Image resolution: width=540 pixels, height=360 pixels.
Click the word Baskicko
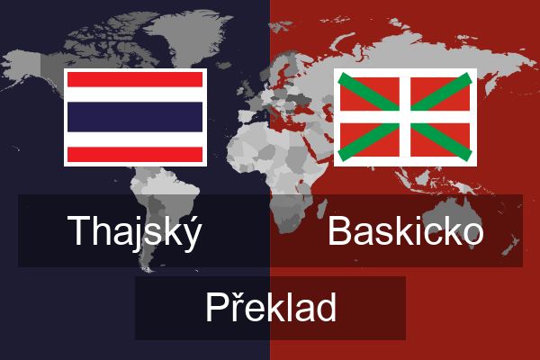click(405, 230)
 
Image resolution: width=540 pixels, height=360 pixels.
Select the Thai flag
click(135, 117)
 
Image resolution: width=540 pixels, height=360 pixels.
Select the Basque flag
click(405, 117)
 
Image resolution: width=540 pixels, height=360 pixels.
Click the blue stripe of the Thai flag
click(135, 117)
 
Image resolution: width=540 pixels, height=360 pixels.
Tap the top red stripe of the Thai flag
click(135, 79)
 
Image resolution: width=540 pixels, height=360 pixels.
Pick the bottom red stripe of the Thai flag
click(135, 154)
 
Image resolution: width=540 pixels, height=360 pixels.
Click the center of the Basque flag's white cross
click(405, 117)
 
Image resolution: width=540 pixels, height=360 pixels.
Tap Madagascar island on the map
click(321, 210)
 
